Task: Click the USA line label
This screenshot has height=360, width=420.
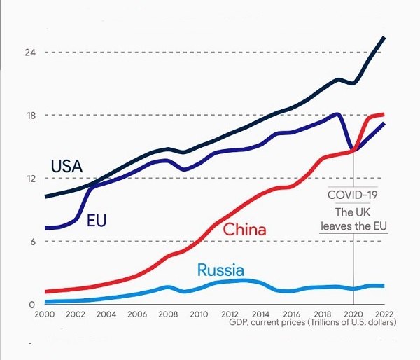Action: click(x=67, y=167)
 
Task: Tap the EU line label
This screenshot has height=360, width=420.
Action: click(x=97, y=221)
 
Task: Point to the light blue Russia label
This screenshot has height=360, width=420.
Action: click(x=220, y=270)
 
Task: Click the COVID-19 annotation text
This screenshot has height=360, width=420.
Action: click(x=353, y=195)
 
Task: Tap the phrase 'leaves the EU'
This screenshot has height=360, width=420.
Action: click(x=353, y=226)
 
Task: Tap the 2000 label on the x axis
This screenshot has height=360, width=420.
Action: click(x=45, y=314)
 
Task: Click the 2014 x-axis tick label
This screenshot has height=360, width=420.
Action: click(x=260, y=314)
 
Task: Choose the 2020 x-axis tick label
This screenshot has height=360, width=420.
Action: click(x=353, y=314)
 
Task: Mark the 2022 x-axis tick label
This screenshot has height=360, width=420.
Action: click(x=384, y=314)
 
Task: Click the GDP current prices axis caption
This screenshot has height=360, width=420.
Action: click(x=312, y=323)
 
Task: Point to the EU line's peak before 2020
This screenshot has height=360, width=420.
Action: click(x=338, y=114)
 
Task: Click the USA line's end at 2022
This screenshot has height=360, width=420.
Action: click(x=384, y=37)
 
